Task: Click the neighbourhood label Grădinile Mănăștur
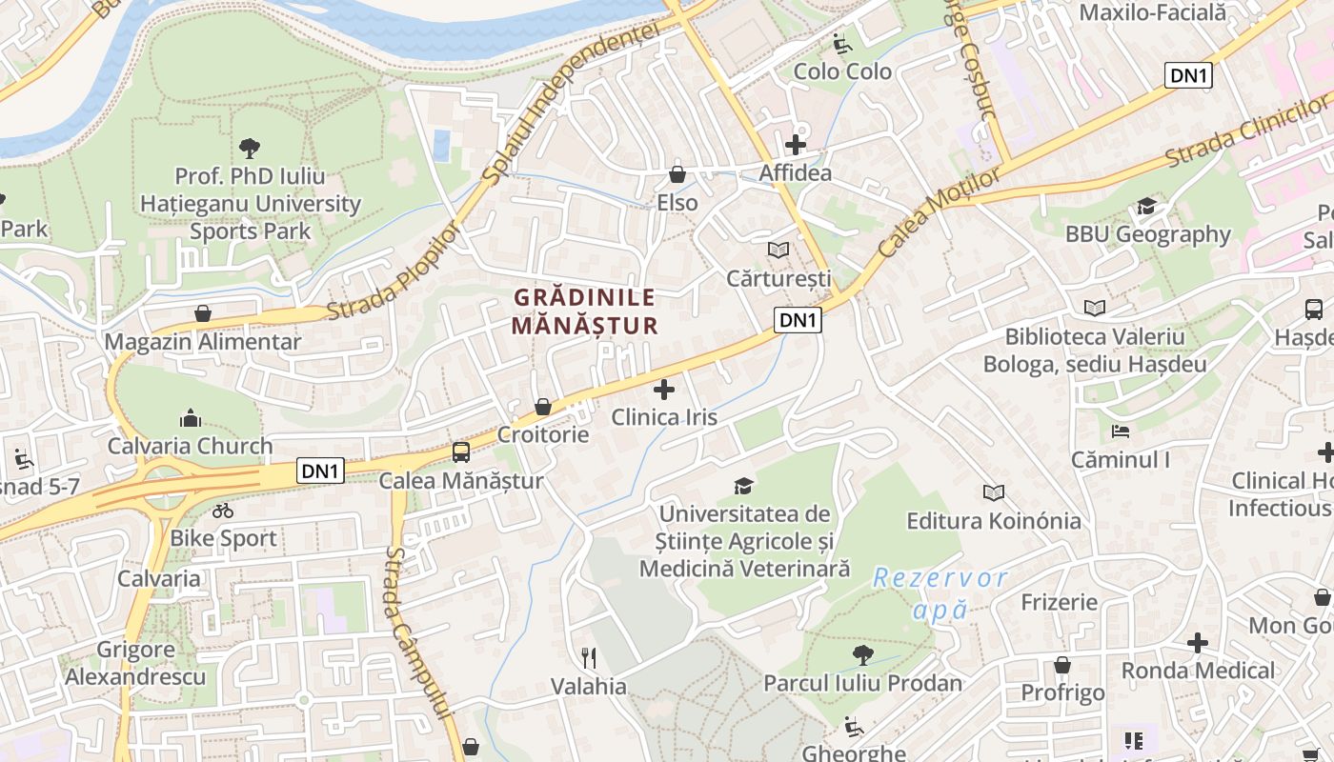coord(585,311)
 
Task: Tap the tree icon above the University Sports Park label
coord(250,148)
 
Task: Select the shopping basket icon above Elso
coord(677,174)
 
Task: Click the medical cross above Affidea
coord(795,145)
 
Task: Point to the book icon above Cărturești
coord(778,250)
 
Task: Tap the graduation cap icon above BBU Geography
coord(1146,207)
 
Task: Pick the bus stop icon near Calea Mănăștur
coord(461,452)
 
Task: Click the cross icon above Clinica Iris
coord(664,389)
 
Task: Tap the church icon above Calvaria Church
coord(191,418)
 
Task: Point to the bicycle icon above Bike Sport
coord(223,511)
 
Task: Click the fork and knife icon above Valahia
coord(589,658)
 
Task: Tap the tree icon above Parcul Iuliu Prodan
coord(863,654)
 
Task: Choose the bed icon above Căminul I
coord(1121,431)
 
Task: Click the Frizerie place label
coord(1060,602)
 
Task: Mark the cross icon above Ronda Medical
coord(1198,643)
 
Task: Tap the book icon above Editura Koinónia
coord(994,492)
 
